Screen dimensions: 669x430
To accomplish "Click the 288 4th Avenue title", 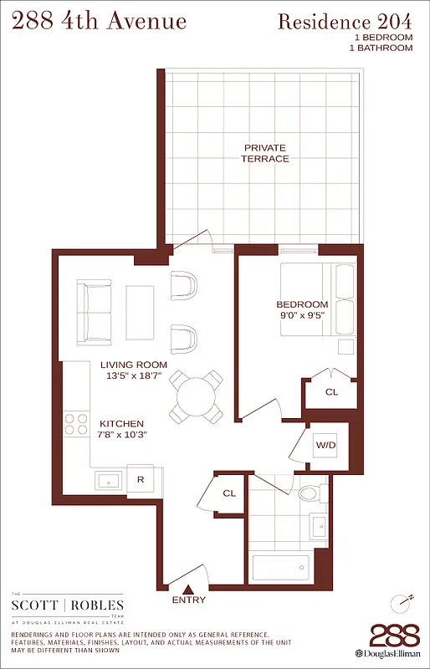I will (x=98, y=21).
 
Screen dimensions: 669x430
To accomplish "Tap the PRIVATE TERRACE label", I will (x=265, y=153).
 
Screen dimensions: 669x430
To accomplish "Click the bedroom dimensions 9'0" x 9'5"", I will (x=302, y=316).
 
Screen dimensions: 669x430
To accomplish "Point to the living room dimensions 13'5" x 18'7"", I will (x=134, y=376).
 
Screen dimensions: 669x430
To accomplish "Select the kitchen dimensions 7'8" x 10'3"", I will (x=122, y=435).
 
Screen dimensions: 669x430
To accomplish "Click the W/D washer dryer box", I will (x=325, y=445).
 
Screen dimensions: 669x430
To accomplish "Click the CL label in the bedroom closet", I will (x=331, y=391).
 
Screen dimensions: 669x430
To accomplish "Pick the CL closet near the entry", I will (x=229, y=494).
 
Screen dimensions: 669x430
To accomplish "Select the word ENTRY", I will (x=188, y=600).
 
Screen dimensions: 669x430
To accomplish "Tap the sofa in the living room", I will (x=94, y=313).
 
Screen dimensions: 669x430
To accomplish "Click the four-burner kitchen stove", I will (x=77, y=425).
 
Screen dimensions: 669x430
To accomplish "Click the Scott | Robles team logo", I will (x=68, y=606).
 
